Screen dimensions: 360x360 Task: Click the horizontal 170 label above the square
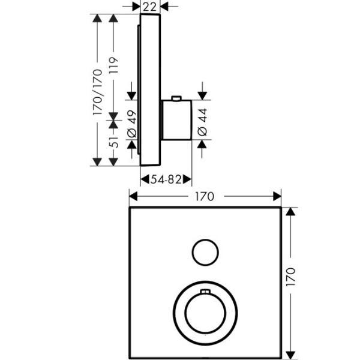tap(205, 196)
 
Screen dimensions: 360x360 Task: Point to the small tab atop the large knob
tap(205, 292)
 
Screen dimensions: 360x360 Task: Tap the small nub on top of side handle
tap(176, 98)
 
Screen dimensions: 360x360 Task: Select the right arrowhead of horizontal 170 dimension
tap(277, 196)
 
